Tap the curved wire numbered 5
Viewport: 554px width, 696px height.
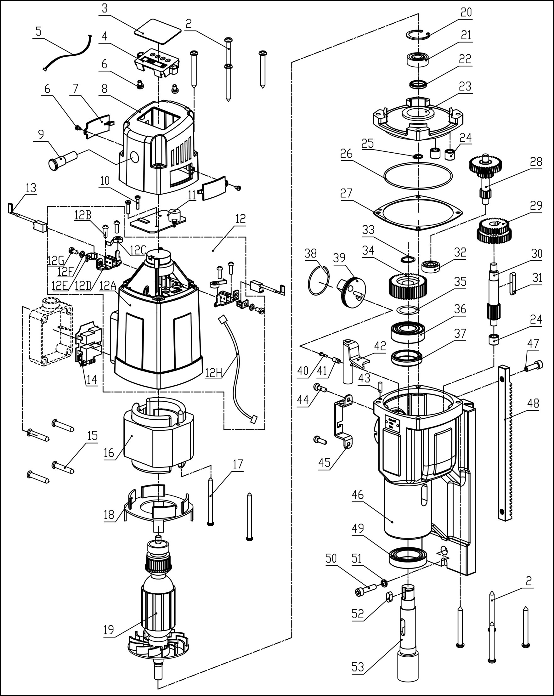tap(70, 55)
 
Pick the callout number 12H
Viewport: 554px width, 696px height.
tap(214, 373)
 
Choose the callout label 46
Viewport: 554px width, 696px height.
tap(357, 494)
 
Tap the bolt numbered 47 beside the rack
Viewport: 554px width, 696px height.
tap(534, 366)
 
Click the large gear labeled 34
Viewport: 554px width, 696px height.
tap(408, 286)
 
